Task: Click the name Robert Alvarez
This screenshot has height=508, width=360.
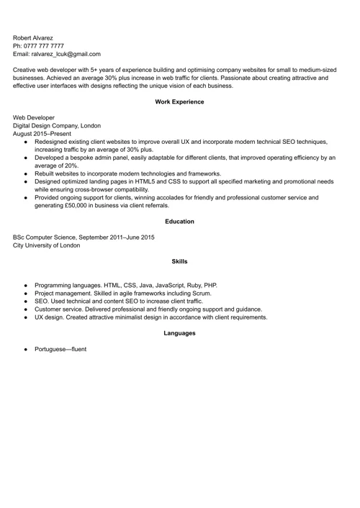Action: (x=32, y=37)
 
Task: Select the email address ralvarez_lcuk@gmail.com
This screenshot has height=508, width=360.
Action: (x=66, y=54)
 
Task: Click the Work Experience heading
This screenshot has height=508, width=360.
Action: (x=179, y=102)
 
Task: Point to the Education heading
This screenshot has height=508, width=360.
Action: (x=179, y=222)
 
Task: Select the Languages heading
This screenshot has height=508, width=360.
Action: (x=179, y=334)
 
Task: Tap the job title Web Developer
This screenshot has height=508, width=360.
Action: (x=34, y=117)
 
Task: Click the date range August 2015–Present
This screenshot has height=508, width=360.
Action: (x=42, y=134)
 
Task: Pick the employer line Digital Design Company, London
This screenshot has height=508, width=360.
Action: (x=57, y=125)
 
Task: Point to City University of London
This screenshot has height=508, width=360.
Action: (x=47, y=245)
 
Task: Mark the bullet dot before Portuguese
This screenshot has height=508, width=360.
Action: (x=26, y=350)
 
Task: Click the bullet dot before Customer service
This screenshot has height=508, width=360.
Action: (x=26, y=309)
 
